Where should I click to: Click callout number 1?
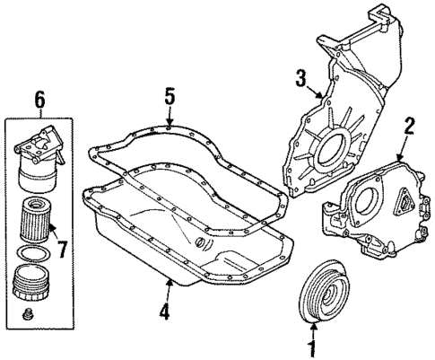313,343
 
